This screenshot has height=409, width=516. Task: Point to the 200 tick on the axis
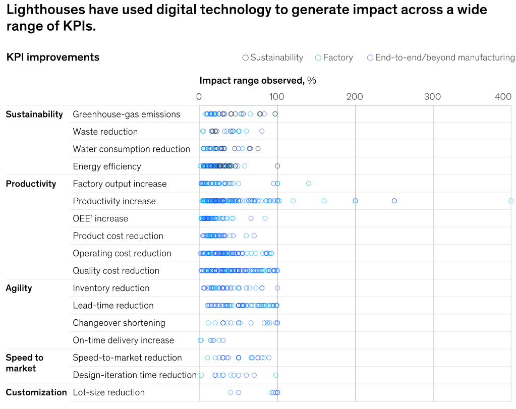(x=355, y=97)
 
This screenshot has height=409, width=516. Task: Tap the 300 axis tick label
(x=433, y=97)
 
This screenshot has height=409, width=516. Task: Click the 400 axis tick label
(x=503, y=97)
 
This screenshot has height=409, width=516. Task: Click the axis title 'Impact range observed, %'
(x=257, y=81)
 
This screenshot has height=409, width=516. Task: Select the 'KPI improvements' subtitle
(x=53, y=57)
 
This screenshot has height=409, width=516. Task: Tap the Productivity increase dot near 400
(x=511, y=201)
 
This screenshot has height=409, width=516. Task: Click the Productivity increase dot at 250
(x=394, y=201)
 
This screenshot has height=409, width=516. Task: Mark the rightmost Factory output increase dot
(x=309, y=184)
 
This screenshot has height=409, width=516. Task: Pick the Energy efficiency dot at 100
(x=277, y=166)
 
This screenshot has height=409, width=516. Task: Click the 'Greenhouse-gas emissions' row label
(x=126, y=114)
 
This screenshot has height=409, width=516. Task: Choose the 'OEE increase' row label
(x=100, y=218)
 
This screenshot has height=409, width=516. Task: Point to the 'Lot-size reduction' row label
(x=108, y=392)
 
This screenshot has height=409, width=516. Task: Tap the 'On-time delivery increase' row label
(x=123, y=340)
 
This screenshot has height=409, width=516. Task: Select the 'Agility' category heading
(x=19, y=288)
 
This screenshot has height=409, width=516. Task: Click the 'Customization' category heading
(x=36, y=392)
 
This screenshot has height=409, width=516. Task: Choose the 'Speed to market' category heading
(x=24, y=363)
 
